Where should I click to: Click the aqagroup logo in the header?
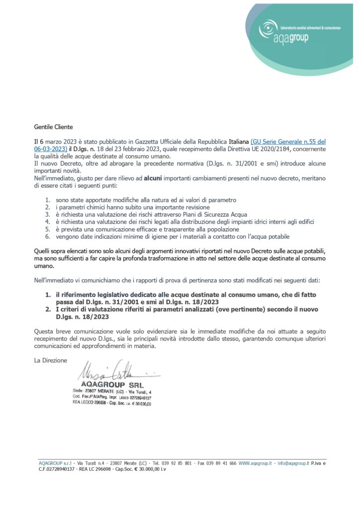click(299, 29)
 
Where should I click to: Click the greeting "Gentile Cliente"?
click(53, 127)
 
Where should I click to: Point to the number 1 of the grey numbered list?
click(47, 199)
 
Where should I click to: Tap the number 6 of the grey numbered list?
click(47, 237)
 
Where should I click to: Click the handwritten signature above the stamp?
click(109, 371)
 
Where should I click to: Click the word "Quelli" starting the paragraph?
click(42, 252)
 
